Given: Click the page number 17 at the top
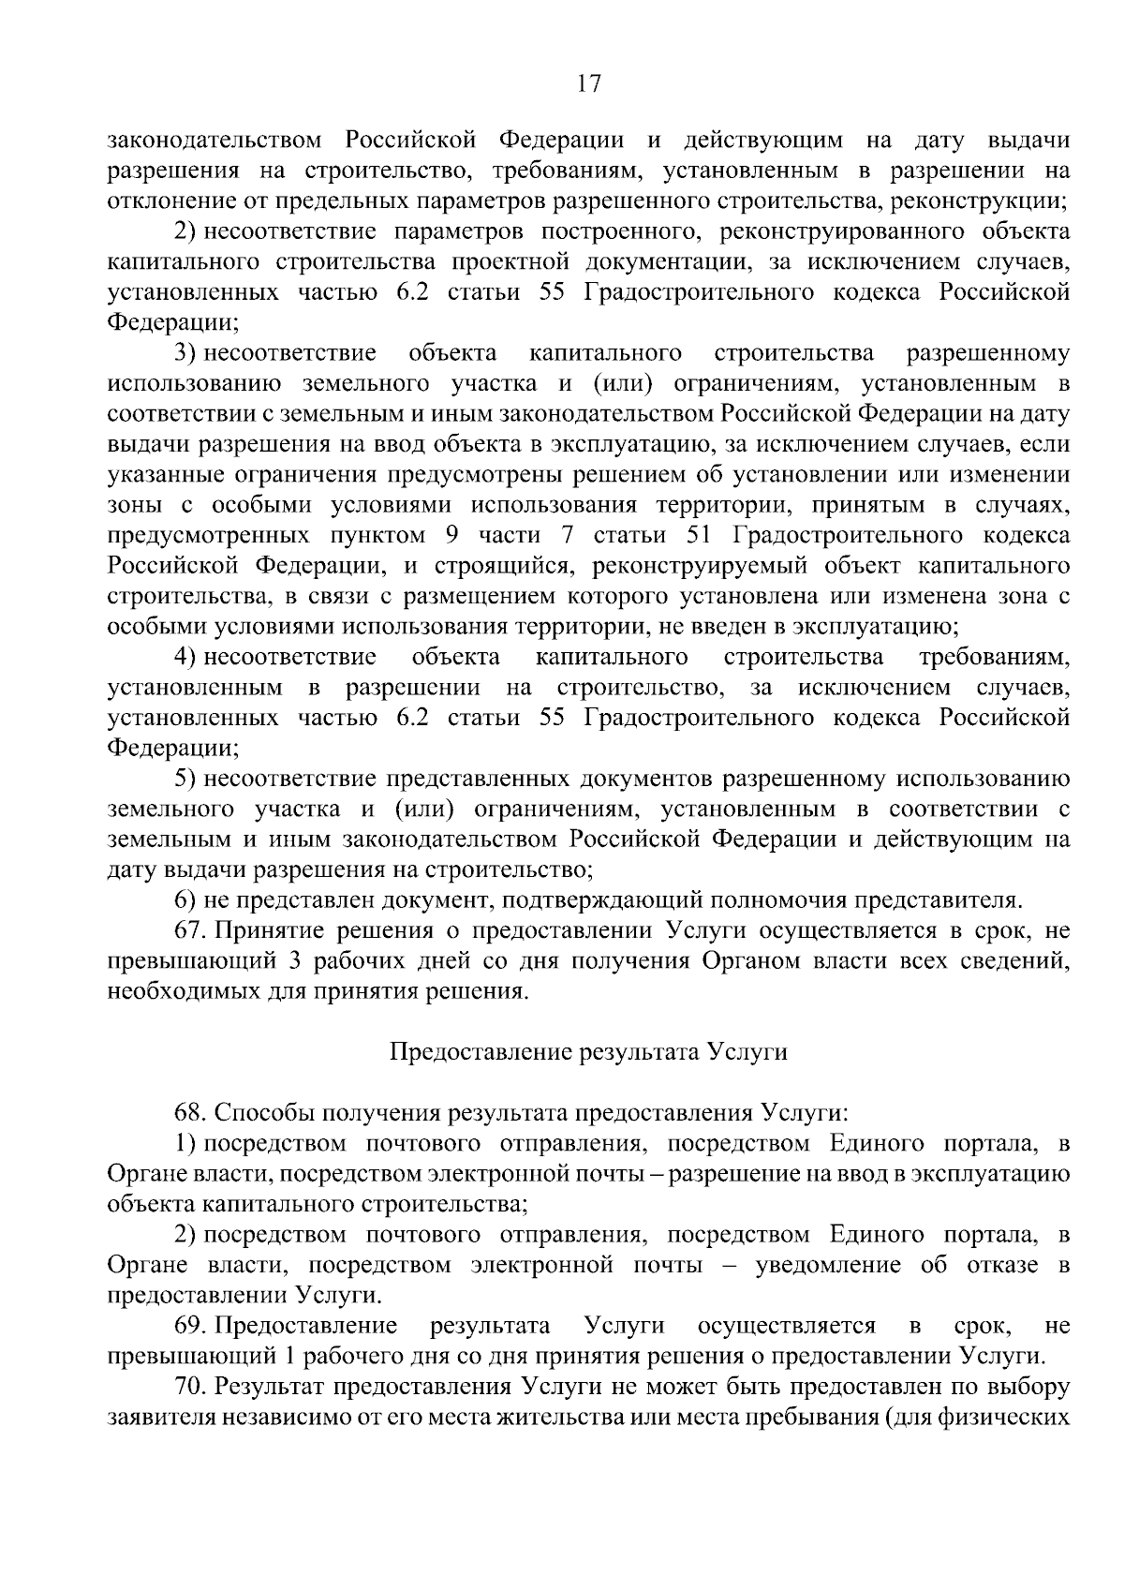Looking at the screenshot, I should pyautogui.click(x=587, y=85).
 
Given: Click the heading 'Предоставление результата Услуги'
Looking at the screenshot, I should pyautogui.click(x=588, y=1051).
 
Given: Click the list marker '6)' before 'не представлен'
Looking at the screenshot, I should pyautogui.click(x=185, y=900).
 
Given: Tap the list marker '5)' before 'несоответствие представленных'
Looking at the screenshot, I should pyautogui.click(x=185, y=779).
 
